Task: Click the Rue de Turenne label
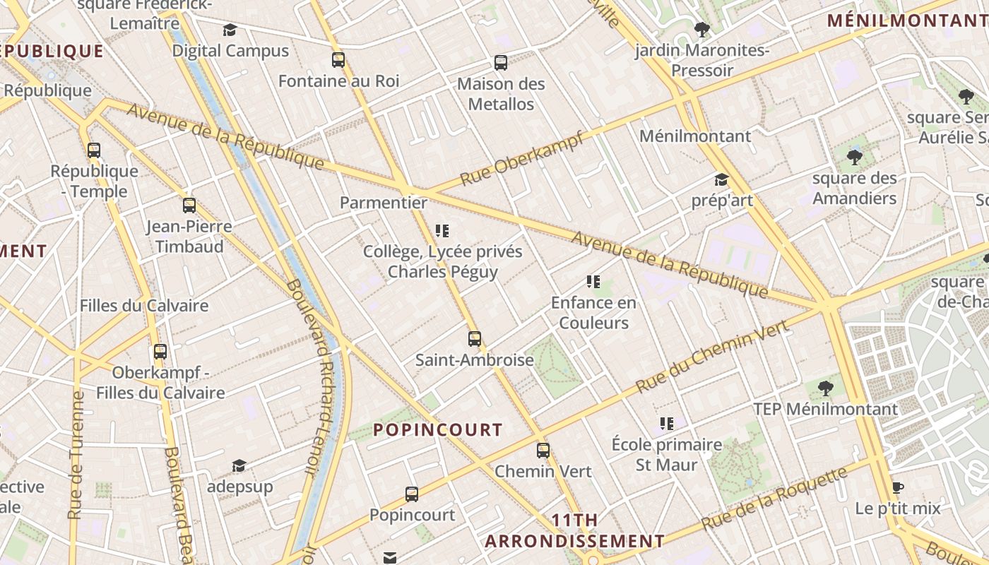tap(76, 456)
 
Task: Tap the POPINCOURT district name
tap(438, 430)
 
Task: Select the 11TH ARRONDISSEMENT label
tap(574, 531)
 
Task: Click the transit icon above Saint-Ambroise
tap(475, 339)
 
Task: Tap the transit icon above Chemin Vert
tap(543, 451)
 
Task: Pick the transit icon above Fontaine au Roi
tap(338, 60)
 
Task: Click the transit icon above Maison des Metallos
tap(501, 63)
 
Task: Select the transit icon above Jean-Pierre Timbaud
tap(189, 206)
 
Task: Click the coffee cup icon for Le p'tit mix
tap(897, 488)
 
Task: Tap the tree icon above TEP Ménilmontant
tap(825, 388)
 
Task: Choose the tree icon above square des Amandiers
tap(854, 157)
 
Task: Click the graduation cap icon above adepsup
tap(239, 465)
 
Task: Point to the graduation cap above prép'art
tap(721, 179)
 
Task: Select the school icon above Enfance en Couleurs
tap(593, 282)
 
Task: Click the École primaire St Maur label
tap(667, 455)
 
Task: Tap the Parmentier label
tap(384, 203)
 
